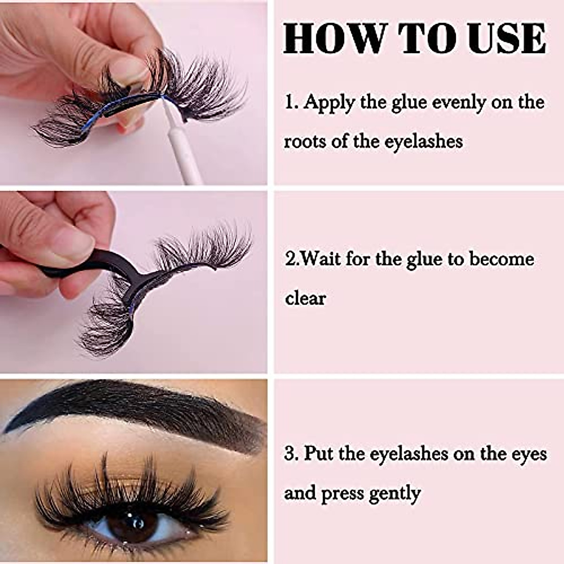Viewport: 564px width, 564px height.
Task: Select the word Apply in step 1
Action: click(329, 103)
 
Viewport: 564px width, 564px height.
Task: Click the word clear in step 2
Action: click(305, 298)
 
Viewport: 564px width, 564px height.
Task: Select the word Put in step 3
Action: click(320, 454)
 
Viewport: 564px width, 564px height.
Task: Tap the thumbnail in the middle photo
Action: click(70, 244)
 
